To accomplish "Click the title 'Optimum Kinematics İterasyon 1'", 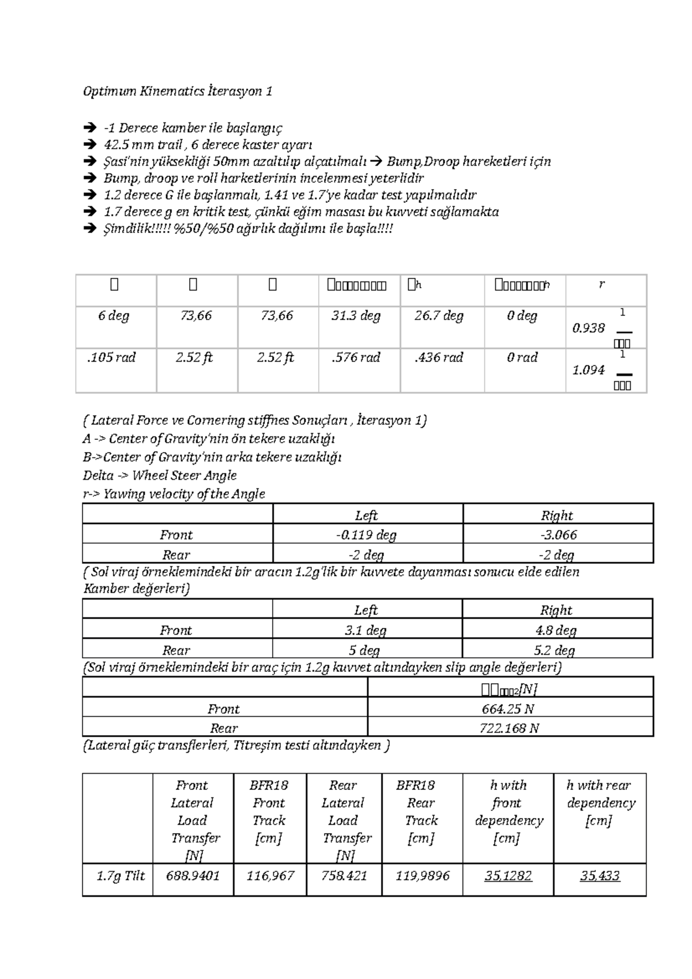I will [178, 91].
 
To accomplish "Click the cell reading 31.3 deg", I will [356, 316].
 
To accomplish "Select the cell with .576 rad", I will [356, 357].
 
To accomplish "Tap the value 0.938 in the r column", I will [588, 328].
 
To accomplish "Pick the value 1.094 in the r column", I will [588, 370].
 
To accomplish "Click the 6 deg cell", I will [114, 316].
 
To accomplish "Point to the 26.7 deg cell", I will [439, 316].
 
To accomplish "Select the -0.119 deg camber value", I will [366, 535].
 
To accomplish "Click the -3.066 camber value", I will [558, 535].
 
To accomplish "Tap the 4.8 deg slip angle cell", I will [556, 630].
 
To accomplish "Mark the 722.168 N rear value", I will [509, 728].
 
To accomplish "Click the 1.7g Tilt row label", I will [121, 876].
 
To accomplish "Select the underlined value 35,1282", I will [508, 876].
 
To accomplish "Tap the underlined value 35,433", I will [600, 876].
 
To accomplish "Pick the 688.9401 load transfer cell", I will [193, 876].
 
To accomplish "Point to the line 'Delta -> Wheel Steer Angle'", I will [160, 476].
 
